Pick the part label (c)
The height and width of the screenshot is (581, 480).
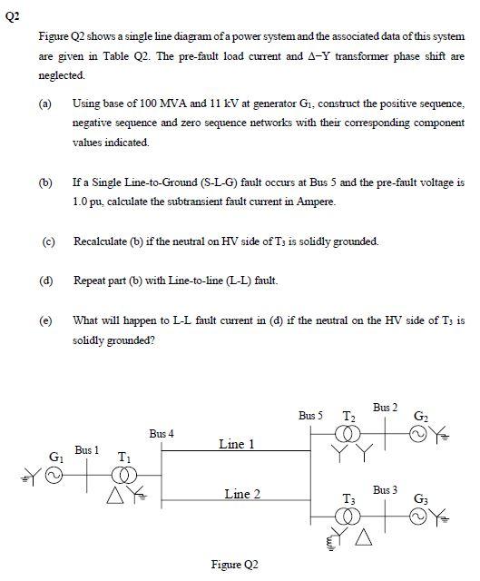(47, 241)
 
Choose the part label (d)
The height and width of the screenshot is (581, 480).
(46, 281)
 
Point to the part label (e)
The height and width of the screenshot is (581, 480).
(46, 320)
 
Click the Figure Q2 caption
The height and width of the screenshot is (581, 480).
(235, 564)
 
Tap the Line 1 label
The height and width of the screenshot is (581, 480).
(236, 444)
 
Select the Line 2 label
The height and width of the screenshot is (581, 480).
(242, 494)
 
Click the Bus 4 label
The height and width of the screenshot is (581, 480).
(162, 434)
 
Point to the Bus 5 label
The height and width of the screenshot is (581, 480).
(310, 415)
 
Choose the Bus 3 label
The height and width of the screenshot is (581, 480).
(385, 490)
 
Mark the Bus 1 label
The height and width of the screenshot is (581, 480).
(87, 449)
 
